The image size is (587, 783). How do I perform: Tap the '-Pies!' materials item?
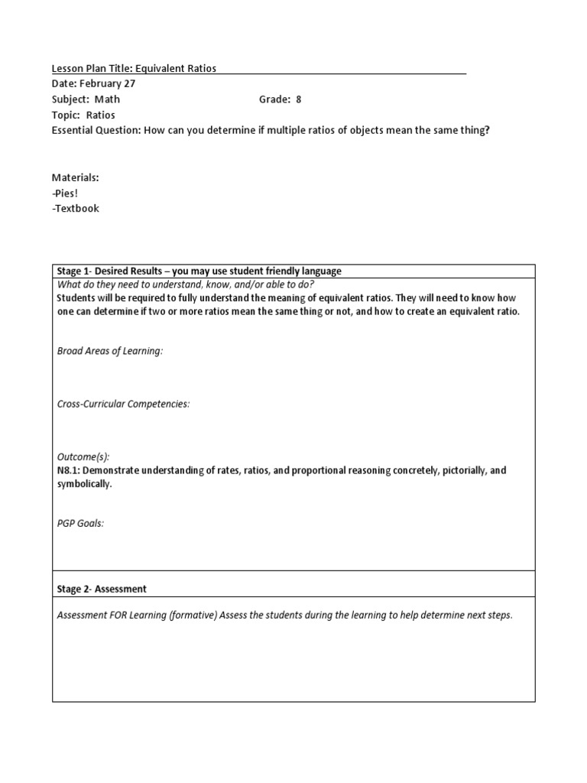(66, 193)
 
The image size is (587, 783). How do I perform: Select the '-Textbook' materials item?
(76, 208)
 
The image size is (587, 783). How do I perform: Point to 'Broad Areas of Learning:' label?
(110, 351)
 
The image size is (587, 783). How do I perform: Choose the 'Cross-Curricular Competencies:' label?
(123, 404)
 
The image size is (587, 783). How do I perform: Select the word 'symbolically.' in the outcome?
(85, 485)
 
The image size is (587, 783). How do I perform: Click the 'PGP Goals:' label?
(80, 523)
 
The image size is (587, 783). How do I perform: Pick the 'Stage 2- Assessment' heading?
(102, 589)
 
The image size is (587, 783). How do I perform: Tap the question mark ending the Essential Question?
(487, 130)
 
